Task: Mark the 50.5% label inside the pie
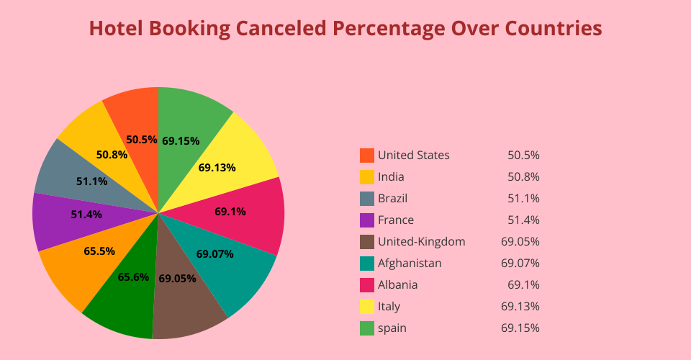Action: tap(141, 140)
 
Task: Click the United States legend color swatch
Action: tap(367, 155)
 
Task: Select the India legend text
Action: tap(391, 176)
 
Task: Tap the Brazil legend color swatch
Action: tap(367, 198)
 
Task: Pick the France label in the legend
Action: tap(396, 220)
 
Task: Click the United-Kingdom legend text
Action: tap(421, 241)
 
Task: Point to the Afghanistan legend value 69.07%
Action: tap(520, 263)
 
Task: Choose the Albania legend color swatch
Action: tap(367, 284)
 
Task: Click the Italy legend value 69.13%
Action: tap(520, 306)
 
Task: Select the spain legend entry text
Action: tap(392, 328)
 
